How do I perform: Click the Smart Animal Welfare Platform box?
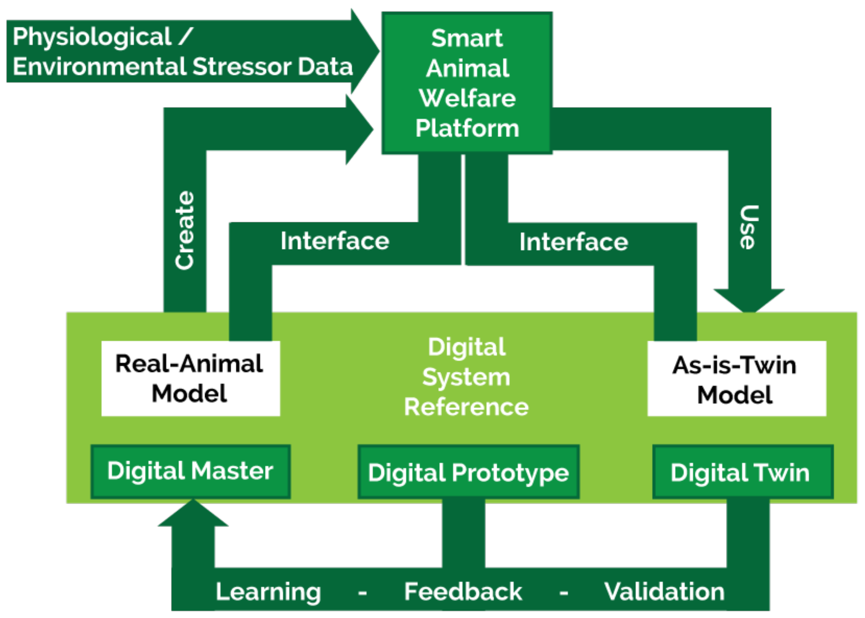467,83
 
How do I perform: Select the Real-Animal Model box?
190,378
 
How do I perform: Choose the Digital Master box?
190,471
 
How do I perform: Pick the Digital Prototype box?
468,472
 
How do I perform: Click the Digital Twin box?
742,472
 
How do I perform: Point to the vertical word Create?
185,231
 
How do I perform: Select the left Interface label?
335,241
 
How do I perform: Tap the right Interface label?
574,242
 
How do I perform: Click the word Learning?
268,592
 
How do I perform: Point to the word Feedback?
463,592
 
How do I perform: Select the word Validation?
664,592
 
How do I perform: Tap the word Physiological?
92,37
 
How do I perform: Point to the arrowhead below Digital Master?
193,514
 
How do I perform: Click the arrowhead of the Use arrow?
749,300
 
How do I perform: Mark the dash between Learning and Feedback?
362,593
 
